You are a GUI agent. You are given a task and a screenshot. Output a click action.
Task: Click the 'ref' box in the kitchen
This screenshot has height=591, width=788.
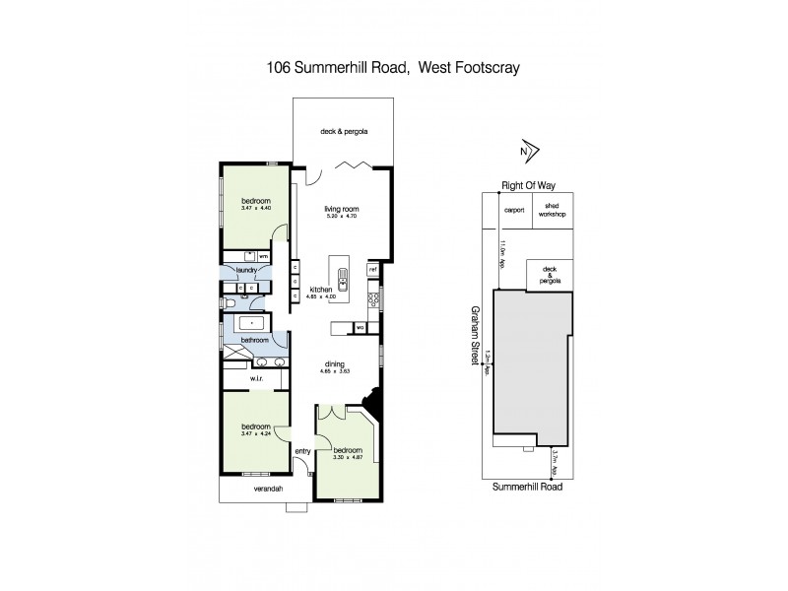pos(373,269)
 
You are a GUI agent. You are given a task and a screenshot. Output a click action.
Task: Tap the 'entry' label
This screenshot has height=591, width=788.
pos(302,451)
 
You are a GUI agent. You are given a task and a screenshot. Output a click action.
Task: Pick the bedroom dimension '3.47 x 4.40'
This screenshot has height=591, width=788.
pos(255,208)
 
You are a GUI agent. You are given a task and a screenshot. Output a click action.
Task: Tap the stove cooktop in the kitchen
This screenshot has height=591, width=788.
pos(373,295)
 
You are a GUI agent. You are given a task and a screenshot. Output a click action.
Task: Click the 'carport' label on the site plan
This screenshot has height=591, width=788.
pos(511,210)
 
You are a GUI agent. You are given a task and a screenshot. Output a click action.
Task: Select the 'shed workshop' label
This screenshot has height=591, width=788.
pos(552,211)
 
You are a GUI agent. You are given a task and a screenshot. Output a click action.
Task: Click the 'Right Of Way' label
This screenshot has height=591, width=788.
pos(525,184)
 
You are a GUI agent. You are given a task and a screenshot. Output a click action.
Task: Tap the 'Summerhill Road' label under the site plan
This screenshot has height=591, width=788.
pos(525,487)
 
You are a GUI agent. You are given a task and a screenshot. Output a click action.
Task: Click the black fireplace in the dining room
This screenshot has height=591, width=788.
pos(372,403)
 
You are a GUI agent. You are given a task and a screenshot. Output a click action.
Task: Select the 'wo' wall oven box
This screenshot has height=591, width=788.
pos(360,327)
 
